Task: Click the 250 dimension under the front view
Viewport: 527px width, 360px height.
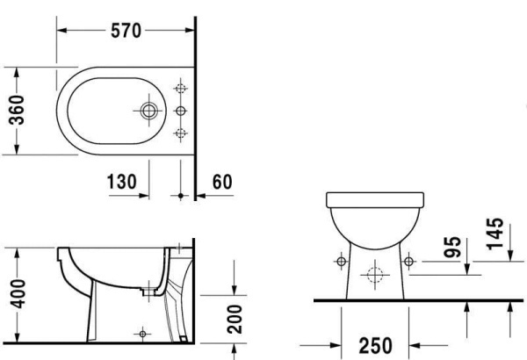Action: tap(373, 345)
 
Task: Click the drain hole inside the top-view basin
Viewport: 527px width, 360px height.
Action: tap(148, 111)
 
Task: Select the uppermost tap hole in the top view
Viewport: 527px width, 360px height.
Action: tap(182, 90)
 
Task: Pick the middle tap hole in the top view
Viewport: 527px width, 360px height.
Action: tap(182, 111)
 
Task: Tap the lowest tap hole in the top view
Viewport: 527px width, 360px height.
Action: tap(182, 133)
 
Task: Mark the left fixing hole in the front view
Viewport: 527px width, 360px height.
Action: tap(341, 261)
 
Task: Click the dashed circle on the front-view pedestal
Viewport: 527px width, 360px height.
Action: tap(374, 276)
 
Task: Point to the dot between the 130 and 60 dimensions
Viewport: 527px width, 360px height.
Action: tap(182, 195)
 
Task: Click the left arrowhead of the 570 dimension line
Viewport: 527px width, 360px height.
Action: tap(62, 29)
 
